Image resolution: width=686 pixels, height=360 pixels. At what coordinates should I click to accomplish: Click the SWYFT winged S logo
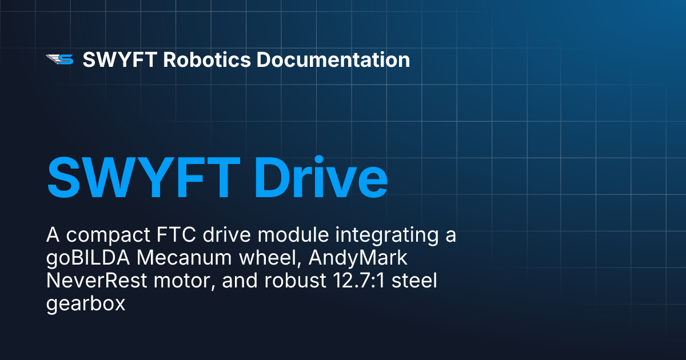59,59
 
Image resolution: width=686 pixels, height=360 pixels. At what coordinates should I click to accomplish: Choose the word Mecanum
183,258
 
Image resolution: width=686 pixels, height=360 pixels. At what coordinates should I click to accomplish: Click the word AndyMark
358,258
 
